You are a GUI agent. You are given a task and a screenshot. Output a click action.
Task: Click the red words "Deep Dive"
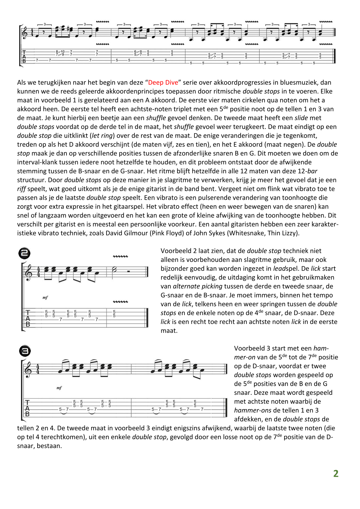(163, 82)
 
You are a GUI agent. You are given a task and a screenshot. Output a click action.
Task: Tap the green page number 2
(336, 474)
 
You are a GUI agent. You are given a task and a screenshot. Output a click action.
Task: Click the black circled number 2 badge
(24, 253)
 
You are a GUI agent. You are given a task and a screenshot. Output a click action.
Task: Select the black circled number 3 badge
(25, 351)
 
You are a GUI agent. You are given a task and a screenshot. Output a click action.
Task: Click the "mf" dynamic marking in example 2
(45, 298)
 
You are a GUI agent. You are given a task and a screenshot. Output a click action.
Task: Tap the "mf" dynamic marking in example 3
(59, 388)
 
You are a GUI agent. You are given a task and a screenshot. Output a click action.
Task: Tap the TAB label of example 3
(27, 408)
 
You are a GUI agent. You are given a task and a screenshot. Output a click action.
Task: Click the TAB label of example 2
(28, 318)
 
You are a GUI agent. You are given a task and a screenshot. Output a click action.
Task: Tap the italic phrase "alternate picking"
(198, 286)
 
